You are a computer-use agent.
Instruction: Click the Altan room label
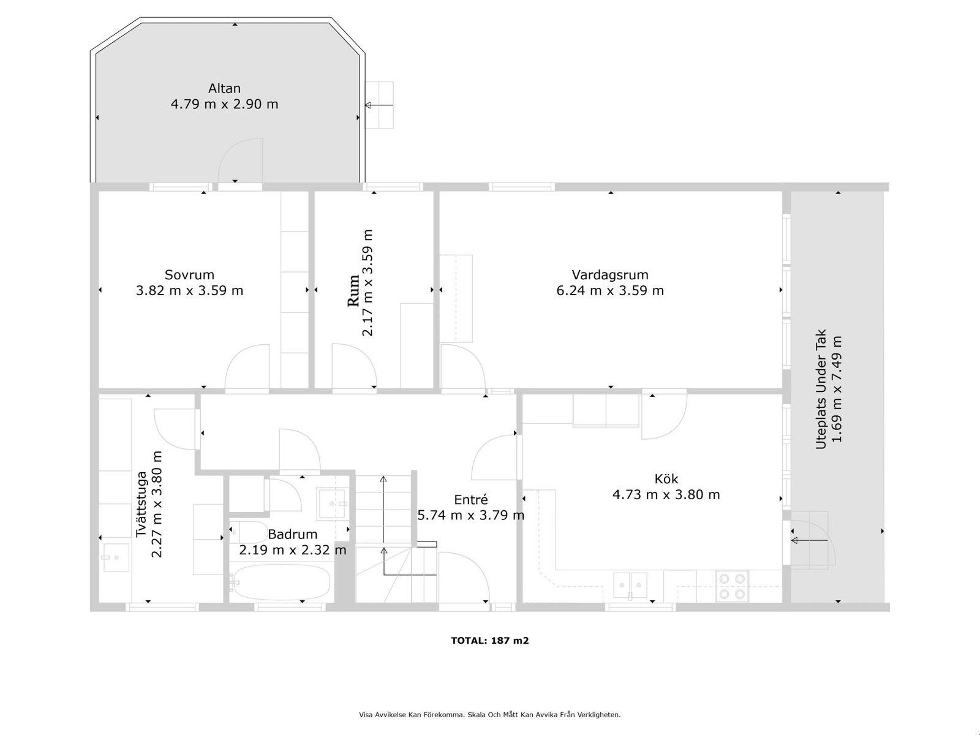pos(224,88)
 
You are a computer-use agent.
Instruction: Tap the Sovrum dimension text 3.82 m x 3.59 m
pos(190,290)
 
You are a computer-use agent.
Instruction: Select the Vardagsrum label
pos(610,275)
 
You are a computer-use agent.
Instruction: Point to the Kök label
pos(666,479)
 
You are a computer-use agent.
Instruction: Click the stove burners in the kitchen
pos(732,586)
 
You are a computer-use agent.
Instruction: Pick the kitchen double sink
pos(630,585)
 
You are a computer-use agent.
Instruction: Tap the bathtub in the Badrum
pos(281,582)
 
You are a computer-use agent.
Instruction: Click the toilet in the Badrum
pos(249,532)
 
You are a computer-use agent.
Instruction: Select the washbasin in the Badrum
pos(331,504)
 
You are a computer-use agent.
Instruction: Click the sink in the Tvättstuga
pos(116,557)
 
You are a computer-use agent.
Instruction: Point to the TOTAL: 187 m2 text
pos(490,641)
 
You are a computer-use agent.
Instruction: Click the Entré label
pos(470,499)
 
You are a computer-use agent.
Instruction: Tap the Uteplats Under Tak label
pos(821,389)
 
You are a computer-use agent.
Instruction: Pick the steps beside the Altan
pos(380,105)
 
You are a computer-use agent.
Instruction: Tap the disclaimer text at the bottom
pos(490,714)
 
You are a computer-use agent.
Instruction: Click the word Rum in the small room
pos(353,290)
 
